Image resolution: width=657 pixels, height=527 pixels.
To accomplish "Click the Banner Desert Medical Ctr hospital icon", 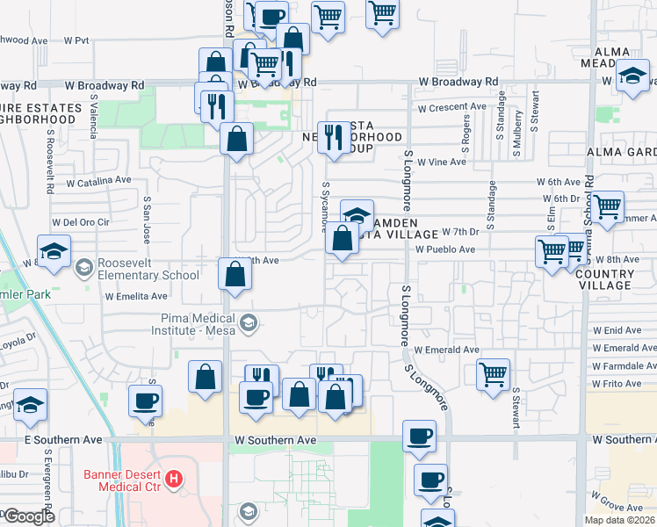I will [175, 480].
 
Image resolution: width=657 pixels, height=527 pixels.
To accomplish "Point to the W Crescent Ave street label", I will [451, 108].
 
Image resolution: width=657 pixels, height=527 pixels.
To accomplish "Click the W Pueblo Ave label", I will [445, 249].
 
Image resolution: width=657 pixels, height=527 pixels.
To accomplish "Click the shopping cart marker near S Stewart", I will [494, 372].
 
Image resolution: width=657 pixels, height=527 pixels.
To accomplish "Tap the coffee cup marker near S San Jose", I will [145, 401].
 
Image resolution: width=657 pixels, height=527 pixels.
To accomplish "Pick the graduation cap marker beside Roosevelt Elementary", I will [54, 250].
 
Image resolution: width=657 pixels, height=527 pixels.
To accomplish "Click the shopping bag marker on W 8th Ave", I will [235, 274].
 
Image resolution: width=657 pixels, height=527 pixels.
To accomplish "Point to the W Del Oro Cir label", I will [82, 222].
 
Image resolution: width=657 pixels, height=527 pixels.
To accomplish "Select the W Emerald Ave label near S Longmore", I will [446, 350].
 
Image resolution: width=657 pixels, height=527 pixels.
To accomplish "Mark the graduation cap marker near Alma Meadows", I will [632, 76].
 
